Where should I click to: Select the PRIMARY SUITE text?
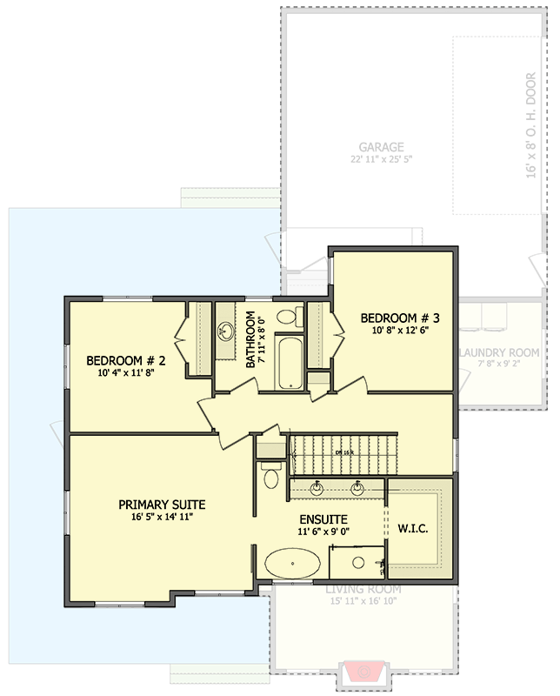pyautogui.click(x=162, y=505)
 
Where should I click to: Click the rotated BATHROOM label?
pyautogui.click(x=250, y=339)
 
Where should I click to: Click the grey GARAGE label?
pyautogui.click(x=381, y=147)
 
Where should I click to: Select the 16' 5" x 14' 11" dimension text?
pyautogui.click(x=162, y=518)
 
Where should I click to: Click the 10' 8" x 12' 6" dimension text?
pyautogui.click(x=401, y=331)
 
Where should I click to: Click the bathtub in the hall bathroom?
pyautogui.click(x=288, y=361)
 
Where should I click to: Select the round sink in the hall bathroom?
pyautogui.click(x=227, y=331)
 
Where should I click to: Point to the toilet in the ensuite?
pyautogui.click(x=270, y=476)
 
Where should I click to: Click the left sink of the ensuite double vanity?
pyautogui.click(x=318, y=488)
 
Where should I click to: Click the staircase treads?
pyautogui.click(x=343, y=452)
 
